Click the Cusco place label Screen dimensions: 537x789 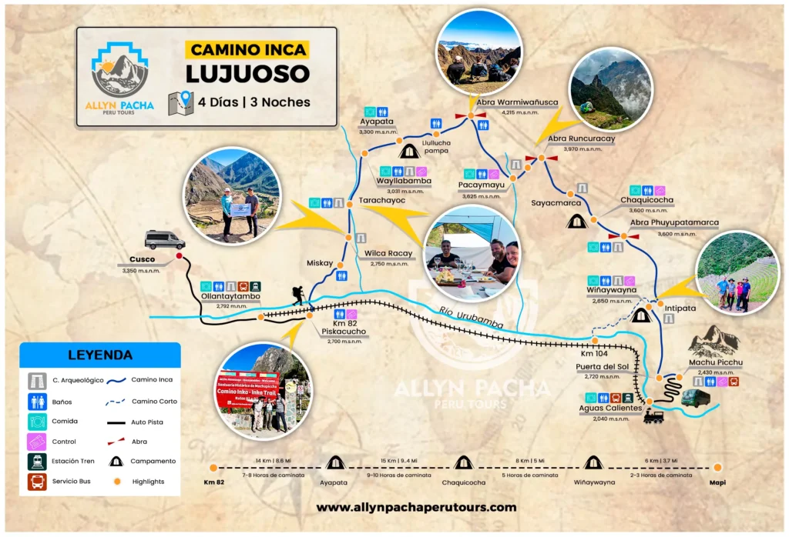(x=143, y=259)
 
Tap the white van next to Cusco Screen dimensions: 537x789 (x=164, y=239)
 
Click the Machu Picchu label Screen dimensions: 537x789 (x=716, y=362)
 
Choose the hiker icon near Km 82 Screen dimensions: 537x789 (x=298, y=295)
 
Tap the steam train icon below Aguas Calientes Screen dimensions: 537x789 (x=653, y=416)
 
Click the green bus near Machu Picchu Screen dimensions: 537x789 (x=694, y=398)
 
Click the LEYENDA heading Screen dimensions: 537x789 (x=100, y=355)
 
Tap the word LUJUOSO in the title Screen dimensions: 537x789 (x=247, y=74)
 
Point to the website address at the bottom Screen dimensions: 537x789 (x=416, y=507)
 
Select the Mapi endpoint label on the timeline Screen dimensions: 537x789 (x=717, y=482)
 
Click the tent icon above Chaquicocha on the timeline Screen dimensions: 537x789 (x=463, y=462)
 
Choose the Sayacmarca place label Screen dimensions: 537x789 (x=556, y=203)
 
